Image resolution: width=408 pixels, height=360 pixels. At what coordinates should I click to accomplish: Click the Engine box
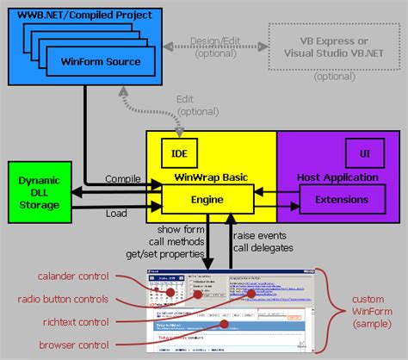pyautogui.click(x=208, y=200)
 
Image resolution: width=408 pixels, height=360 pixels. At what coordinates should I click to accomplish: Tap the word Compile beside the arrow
pyautogui.click(x=122, y=178)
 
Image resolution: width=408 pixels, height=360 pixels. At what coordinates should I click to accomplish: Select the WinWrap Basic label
pyautogui.click(x=212, y=177)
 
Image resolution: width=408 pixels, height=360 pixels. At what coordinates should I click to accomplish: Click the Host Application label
pyautogui.click(x=337, y=177)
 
